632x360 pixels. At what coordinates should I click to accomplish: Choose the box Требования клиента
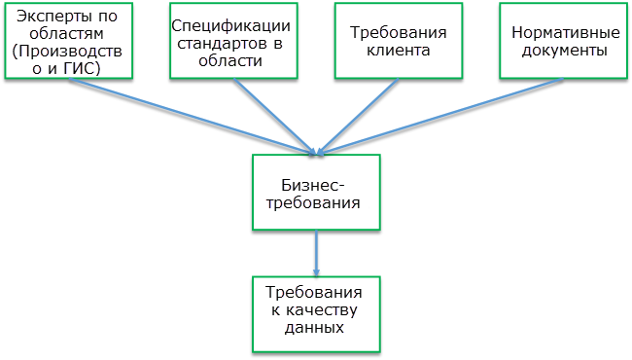[x=391, y=41]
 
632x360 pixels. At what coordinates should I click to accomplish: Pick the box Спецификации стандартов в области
[x=228, y=41]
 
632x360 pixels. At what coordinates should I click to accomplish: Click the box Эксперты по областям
[x=64, y=41]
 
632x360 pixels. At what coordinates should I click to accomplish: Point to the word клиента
[x=392, y=51]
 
